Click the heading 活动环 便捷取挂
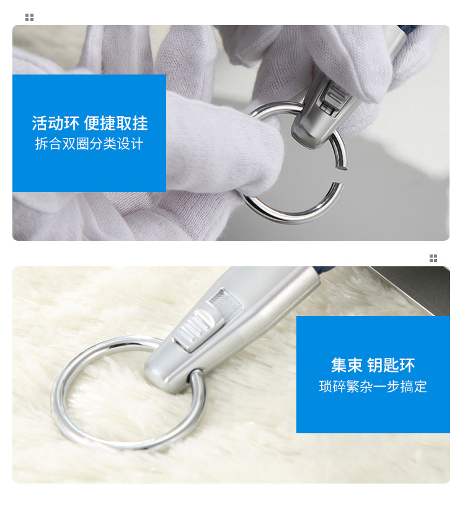(90, 123)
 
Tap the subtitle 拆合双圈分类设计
(89, 143)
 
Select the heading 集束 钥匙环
(373, 365)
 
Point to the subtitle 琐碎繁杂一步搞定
(373, 386)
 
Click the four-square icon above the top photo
(30, 17)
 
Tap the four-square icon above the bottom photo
(433, 258)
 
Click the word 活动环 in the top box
(55, 123)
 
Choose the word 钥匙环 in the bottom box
(391, 365)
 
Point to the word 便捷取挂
(116, 123)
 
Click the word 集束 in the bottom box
(347, 365)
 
